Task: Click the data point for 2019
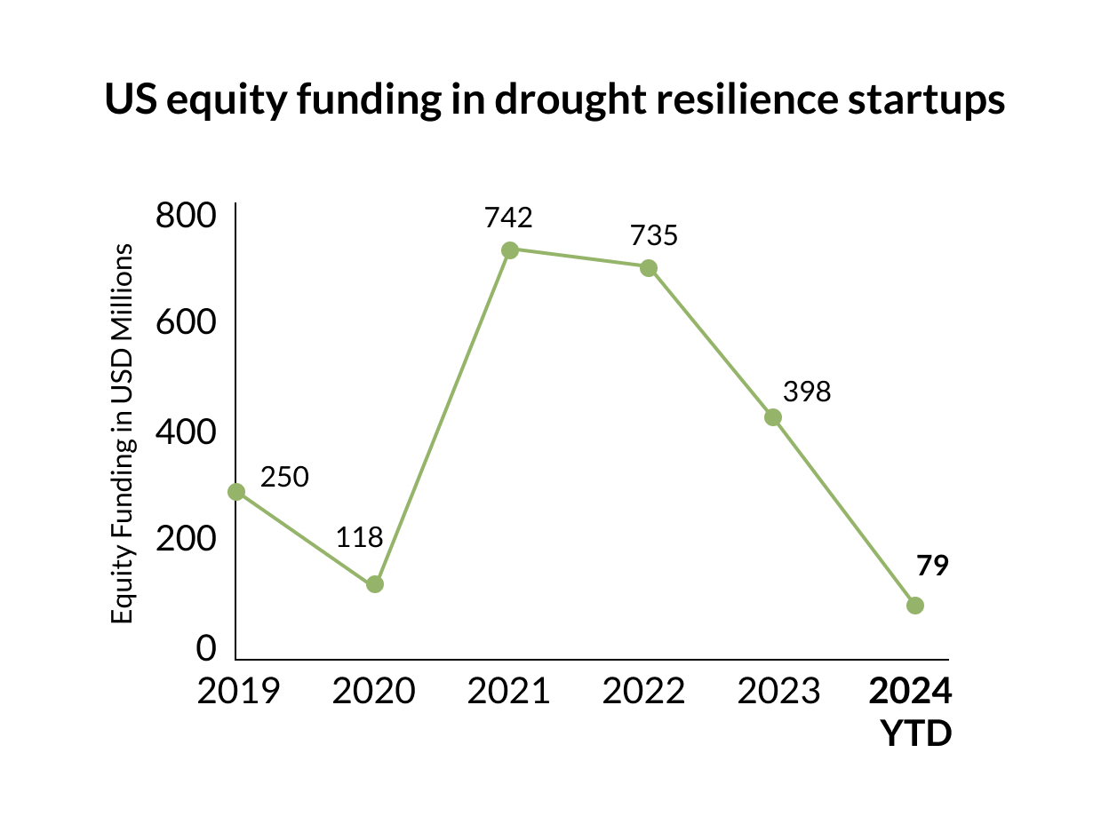[236, 492]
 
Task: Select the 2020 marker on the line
[375, 584]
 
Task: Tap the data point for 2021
[510, 250]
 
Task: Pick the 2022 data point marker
[649, 268]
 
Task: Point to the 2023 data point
[773, 417]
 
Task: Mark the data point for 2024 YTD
[915, 606]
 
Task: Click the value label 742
[508, 218]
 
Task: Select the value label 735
[654, 235]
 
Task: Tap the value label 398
[807, 392]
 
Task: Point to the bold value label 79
[933, 566]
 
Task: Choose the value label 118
[359, 537]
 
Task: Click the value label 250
[284, 477]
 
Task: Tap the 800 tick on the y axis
[186, 217]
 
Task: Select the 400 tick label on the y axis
[186, 433]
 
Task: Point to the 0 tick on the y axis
[206, 649]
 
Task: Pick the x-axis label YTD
[915, 734]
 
